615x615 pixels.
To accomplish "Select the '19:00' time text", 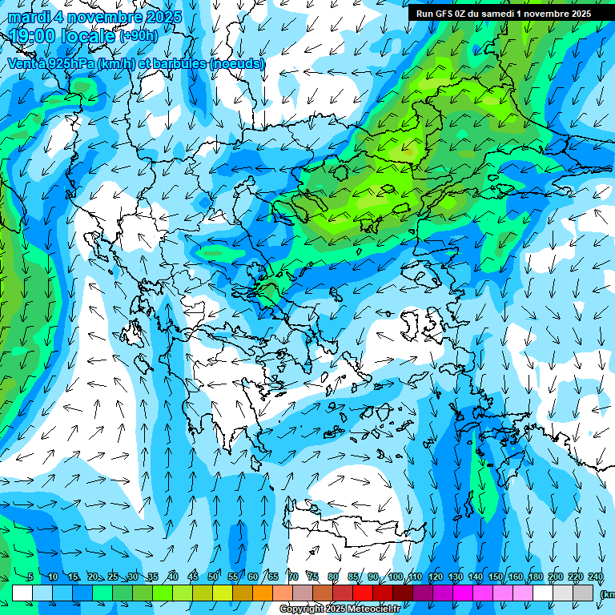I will (33, 35).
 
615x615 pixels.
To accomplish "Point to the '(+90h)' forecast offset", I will (138, 36).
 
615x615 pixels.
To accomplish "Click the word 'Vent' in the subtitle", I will (23, 62).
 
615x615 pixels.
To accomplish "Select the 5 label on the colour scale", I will (30, 577).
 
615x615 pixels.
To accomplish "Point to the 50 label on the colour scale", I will (213, 577).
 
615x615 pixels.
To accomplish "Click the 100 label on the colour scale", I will (396, 577).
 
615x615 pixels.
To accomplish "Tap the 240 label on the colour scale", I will (596, 577).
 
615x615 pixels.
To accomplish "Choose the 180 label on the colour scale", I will (536, 577).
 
